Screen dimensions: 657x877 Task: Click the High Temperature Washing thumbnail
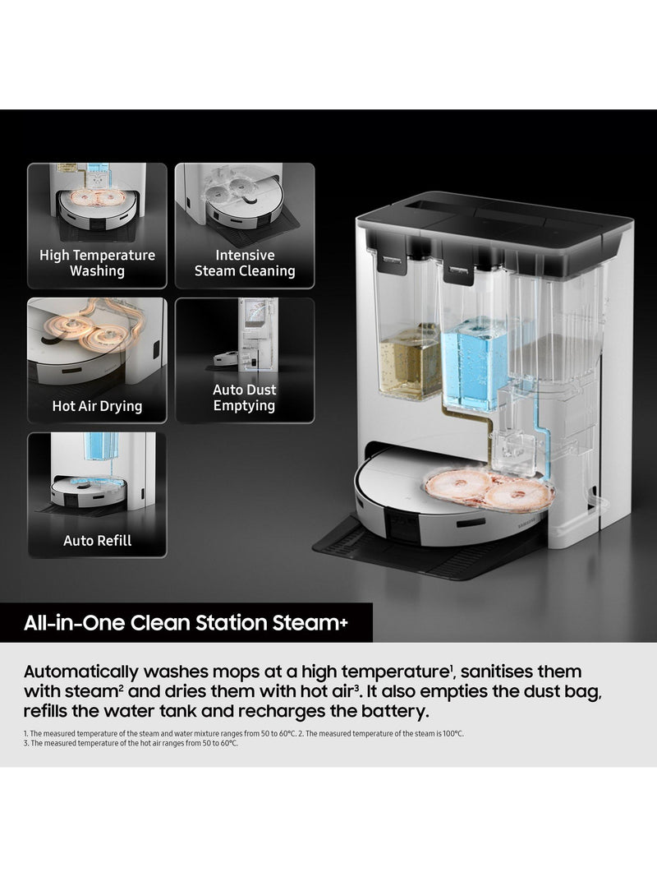(97, 225)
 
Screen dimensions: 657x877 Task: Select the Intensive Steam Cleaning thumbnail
(245, 225)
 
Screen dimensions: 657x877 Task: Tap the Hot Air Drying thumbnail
(97, 360)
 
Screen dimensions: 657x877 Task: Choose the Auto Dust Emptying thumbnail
(245, 360)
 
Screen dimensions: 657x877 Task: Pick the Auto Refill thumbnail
(97, 495)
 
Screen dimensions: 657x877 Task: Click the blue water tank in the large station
(475, 363)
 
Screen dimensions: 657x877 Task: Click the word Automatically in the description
(80, 672)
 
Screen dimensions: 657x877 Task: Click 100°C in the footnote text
(452, 733)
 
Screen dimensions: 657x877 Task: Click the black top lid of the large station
(495, 224)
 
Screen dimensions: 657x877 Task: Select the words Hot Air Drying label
(97, 406)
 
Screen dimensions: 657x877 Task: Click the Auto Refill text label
(97, 541)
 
